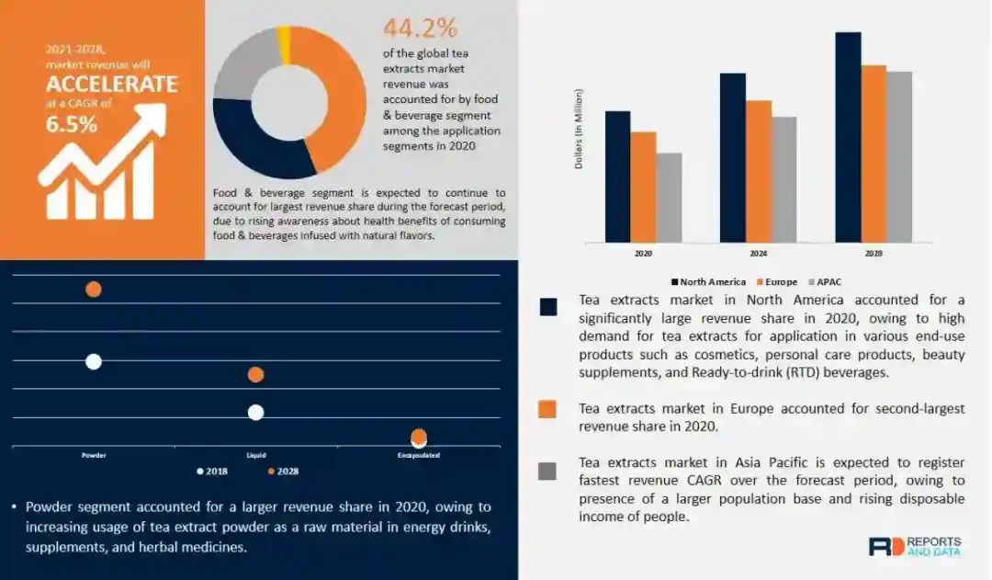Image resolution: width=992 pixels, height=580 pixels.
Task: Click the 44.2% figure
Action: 420,28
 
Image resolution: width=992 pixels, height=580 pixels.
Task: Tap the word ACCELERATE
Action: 112,85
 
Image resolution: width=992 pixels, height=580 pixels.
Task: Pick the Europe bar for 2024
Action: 758,171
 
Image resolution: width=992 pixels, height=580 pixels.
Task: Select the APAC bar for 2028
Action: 899,156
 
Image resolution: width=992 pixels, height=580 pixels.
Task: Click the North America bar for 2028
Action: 848,137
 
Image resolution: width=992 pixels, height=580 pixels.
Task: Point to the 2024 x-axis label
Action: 758,253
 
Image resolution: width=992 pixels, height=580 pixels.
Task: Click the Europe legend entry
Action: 777,281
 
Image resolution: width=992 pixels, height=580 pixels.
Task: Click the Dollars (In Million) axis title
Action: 579,129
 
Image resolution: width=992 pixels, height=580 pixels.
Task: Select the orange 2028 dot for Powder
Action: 93,290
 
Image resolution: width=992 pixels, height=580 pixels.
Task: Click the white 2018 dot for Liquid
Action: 255,413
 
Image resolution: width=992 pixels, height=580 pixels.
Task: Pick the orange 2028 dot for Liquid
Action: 255,374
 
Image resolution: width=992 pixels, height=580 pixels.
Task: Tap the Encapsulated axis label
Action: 418,455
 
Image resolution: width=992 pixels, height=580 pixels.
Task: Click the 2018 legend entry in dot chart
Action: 213,472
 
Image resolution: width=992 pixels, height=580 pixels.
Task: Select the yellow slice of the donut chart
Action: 284,34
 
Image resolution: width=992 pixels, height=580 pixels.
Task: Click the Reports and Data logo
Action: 914,546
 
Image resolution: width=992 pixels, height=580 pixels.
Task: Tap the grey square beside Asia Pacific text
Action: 547,472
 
